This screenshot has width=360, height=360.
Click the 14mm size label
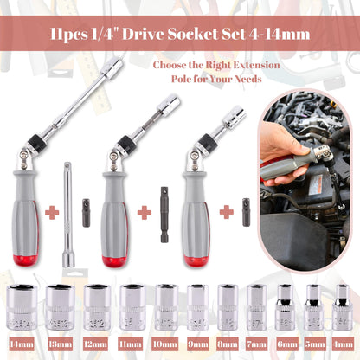pyautogui.click(x=22, y=344)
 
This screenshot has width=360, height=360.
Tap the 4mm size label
pyautogui.click(x=343, y=344)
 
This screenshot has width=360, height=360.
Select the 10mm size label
pyautogui.click(x=164, y=344)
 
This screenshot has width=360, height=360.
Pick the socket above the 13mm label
pyautogui.click(x=61, y=307)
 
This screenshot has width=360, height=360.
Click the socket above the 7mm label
pyautogui.click(x=257, y=307)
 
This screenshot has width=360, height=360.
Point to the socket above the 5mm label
pyautogui.click(x=314, y=307)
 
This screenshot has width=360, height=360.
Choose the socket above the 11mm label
pyautogui.click(x=132, y=307)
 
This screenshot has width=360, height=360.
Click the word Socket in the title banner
pyautogui.click(x=192, y=34)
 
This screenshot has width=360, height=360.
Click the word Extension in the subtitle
pyautogui.click(x=256, y=65)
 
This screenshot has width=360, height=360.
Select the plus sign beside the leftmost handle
pyautogui.click(x=52, y=213)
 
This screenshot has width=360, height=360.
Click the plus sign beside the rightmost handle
pyautogui.click(x=227, y=212)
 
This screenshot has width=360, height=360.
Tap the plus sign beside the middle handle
pyautogui.click(x=145, y=213)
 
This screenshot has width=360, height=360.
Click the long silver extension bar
pyautogui.click(x=68, y=215)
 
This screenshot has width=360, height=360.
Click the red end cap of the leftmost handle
pyautogui.click(x=25, y=260)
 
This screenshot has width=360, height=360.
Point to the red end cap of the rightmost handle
pyautogui.click(x=196, y=260)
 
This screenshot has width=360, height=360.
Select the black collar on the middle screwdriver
pyautogui.click(x=125, y=143)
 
